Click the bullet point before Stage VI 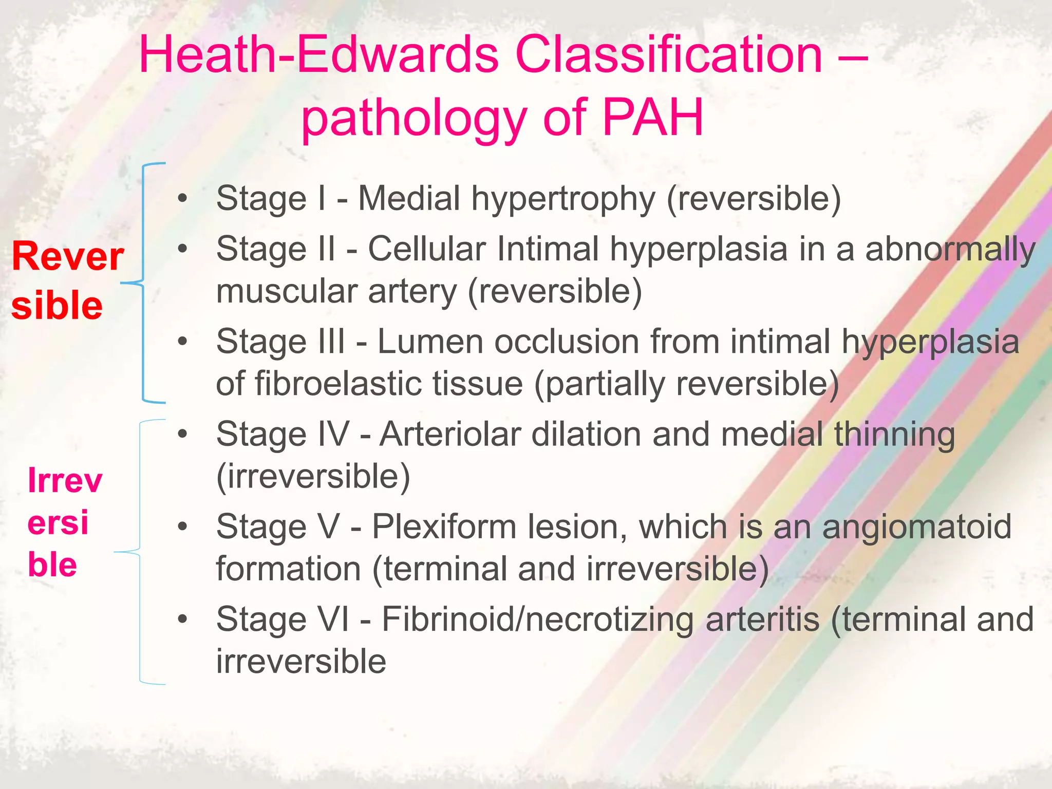[x=182, y=619]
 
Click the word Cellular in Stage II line [x=426, y=249]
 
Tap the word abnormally [x=950, y=250]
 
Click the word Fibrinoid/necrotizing [x=537, y=619]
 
